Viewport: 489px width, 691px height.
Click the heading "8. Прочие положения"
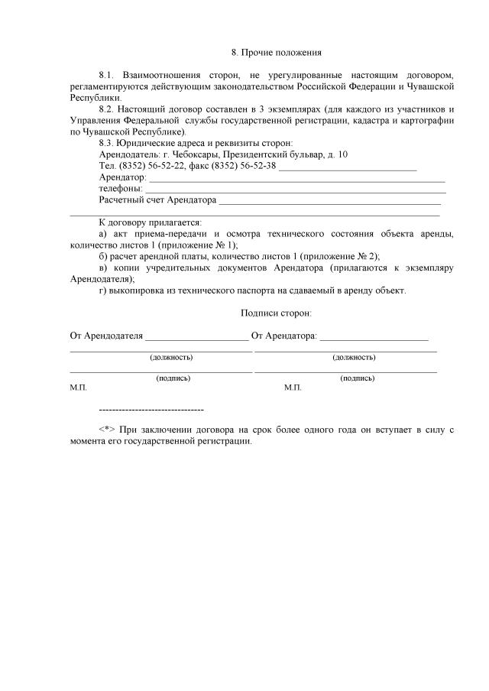point(276,53)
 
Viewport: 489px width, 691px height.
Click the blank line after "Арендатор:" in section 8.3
point(296,180)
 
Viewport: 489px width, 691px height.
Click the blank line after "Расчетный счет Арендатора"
point(329,203)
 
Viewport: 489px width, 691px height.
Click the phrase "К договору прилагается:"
point(150,222)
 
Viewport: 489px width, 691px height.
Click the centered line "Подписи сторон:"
point(276,313)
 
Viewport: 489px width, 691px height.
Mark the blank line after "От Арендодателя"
point(196,337)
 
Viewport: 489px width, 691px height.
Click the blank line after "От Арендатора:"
point(374,337)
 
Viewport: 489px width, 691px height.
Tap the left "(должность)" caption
point(171,357)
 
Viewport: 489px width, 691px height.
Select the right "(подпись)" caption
point(357,378)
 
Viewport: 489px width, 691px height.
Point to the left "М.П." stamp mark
point(79,388)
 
